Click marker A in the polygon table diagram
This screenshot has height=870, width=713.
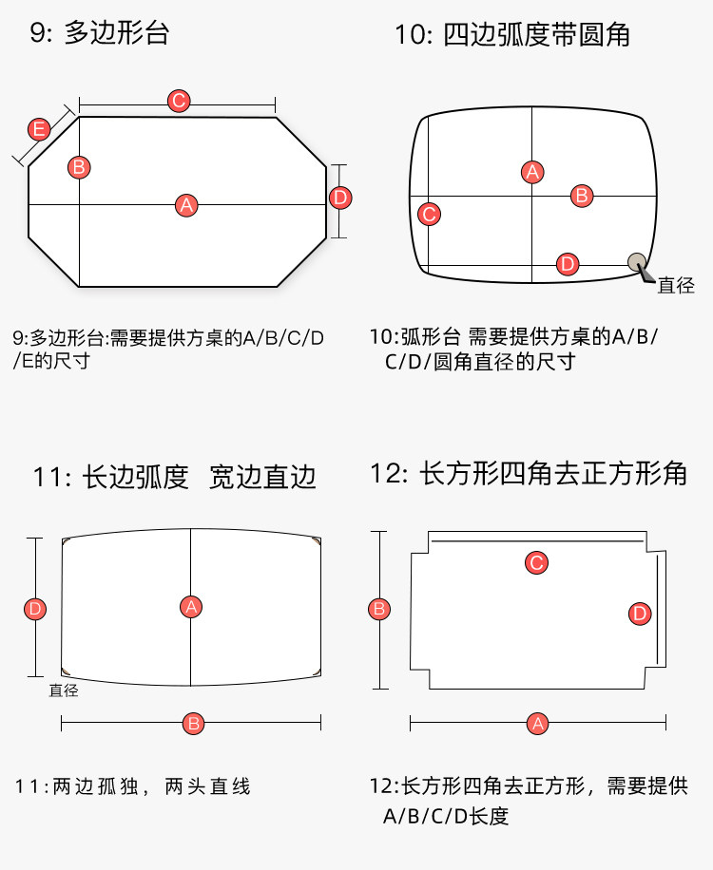186,204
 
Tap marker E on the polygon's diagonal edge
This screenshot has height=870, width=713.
39,130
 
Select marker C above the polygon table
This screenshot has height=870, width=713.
178,102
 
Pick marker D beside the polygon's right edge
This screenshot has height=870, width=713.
340,198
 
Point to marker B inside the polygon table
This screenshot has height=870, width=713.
79,167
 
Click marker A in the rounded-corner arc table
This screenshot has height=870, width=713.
532,172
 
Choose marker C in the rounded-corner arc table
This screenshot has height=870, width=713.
430,214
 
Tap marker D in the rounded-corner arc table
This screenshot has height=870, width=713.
567,264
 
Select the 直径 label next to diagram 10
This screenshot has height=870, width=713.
676,285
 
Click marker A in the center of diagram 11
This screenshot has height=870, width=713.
191,606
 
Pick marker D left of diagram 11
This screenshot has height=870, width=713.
35,609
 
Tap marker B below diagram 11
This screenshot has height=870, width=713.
194,724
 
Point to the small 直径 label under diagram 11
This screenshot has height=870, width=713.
64,690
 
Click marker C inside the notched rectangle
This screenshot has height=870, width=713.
536,563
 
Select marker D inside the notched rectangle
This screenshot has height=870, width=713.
640,614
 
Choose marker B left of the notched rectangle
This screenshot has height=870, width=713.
378,609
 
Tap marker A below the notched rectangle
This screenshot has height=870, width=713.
538,724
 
